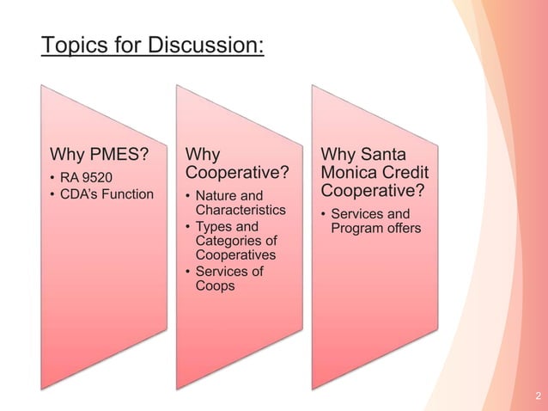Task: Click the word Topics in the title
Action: (x=73, y=44)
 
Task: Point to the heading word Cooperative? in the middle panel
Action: (x=236, y=174)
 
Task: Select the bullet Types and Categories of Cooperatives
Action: (x=235, y=241)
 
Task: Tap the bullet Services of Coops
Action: (x=228, y=279)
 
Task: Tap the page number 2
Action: (x=537, y=396)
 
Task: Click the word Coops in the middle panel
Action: (x=215, y=285)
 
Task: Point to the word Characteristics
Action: (x=240, y=210)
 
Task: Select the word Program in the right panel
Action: (x=357, y=228)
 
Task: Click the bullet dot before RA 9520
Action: (x=53, y=178)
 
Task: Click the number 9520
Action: (x=97, y=177)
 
